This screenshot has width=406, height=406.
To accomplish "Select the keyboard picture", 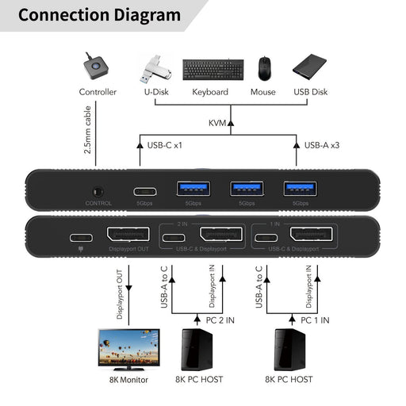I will click(x=209, y=69).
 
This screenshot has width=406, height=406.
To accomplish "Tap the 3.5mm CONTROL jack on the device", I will click(x=98, y=190).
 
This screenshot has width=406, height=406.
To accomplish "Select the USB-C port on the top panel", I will click(x=145, y=190).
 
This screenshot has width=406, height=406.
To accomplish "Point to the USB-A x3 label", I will click(x=323, y=145).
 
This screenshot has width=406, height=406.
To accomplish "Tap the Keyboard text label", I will click(x=209, y=92).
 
